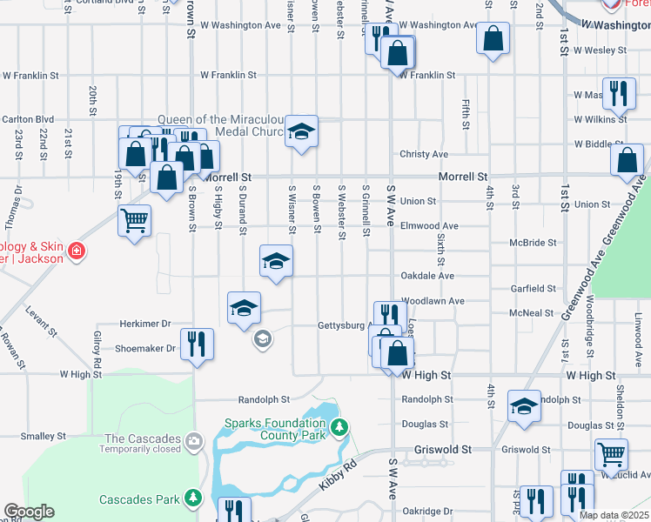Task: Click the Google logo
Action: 30,512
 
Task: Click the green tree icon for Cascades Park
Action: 192,499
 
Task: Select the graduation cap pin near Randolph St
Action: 524,405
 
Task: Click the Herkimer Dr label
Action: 144,324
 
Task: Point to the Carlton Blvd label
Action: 28,119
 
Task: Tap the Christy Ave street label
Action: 424,154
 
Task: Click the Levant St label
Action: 41,321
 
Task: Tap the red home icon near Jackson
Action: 77,252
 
